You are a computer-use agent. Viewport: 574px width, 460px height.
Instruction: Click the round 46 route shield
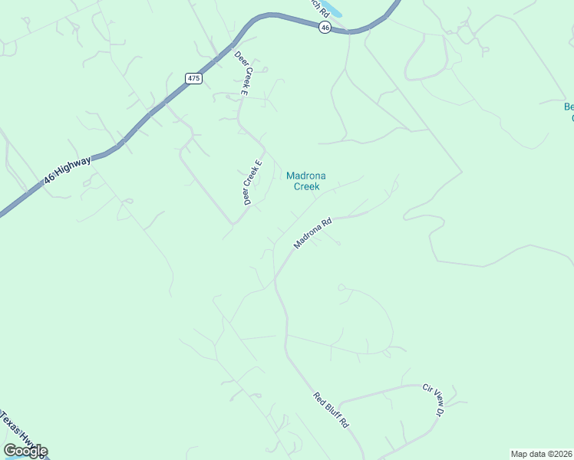[325, 27]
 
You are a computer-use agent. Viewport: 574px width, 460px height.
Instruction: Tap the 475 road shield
[193, 78]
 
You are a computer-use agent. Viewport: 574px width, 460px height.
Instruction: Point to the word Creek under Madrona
[306, 186]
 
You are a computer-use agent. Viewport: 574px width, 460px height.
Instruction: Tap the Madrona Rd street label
[312, 233]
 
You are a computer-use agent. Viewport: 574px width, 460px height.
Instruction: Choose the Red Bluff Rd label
[331, 410]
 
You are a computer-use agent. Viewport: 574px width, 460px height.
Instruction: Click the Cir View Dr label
[434, 400]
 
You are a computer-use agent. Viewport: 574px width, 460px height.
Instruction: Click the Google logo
[25, 451]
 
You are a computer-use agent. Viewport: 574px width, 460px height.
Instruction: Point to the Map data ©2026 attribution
[541, 454]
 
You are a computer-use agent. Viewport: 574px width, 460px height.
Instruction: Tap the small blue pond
[332, 9]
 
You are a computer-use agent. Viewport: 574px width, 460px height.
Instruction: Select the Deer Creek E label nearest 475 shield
[241, 74]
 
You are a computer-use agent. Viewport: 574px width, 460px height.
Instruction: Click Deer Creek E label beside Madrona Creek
[253, 183]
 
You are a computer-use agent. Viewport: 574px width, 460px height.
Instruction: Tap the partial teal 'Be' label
[569, 107]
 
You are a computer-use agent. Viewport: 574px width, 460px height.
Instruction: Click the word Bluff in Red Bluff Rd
[332, 410]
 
